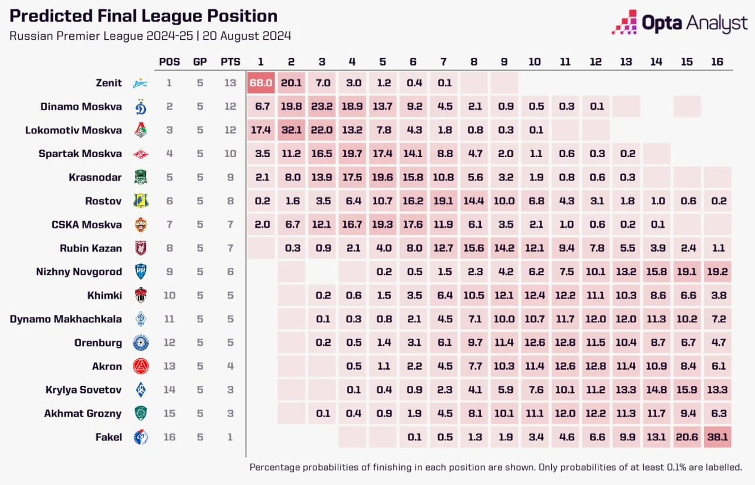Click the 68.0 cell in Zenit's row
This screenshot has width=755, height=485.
[x=261, y=83]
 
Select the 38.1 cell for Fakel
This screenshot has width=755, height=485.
[x=717, y=437]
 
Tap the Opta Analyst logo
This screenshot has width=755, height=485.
[x=679, y=23]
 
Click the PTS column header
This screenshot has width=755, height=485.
[x=230, y=62]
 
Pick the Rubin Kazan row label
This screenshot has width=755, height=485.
[x=90, y=248]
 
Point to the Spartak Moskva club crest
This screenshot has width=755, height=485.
[x=141, y=154]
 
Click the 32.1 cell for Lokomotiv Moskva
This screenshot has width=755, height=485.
[x=291, y=130]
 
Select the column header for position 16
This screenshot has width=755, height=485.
[x=717, y=62]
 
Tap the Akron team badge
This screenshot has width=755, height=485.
[x=141, y=367]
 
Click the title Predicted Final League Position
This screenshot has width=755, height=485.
[x=143, y=16]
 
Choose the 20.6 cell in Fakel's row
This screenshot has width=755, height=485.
[x=687, y=437]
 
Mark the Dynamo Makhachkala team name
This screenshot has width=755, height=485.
[x=66, y=319]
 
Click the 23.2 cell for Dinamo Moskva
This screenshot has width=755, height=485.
[x=322, y=107]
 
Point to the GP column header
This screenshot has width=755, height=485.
[x=200, y=62]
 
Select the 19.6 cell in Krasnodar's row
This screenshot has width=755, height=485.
[x=383, y=177]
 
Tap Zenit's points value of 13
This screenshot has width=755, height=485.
[x=230, y=83]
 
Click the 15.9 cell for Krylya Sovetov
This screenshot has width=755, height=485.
[x=687, y=390]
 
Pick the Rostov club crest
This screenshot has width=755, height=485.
[x=141, y=201]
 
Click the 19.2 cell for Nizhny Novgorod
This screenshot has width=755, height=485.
[x=717, y=272]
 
